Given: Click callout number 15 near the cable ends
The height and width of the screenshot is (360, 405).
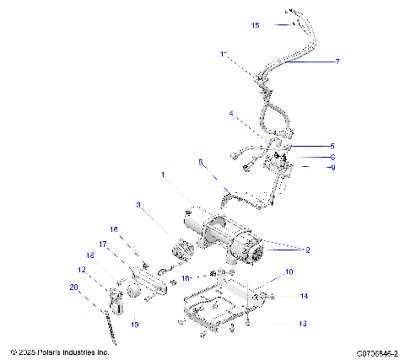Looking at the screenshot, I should click(x=255, y=25).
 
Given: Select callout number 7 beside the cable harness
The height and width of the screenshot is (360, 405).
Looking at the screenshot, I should click(x=337, y=62).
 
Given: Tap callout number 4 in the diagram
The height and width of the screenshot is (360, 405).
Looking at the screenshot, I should click(x=230, y=113).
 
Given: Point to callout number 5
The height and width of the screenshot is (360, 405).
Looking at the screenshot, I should click(x=332, y=146).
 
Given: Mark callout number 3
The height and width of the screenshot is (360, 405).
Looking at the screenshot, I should click(x=138, y=204).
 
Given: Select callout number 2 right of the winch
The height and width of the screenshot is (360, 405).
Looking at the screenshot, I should click(x=308, y=250).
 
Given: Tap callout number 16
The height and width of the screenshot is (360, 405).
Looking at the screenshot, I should click(x=114, y=229).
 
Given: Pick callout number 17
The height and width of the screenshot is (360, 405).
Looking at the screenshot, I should click(x=104, y=244).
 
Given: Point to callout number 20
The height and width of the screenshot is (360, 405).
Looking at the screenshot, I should click(x=73, y=287).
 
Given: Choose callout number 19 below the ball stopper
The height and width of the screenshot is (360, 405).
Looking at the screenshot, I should click(x=134, y=324).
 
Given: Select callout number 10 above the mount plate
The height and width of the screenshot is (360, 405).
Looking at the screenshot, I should click(x=289, y=271).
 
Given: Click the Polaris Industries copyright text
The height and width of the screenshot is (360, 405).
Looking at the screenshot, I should click(x=60, y=351).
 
